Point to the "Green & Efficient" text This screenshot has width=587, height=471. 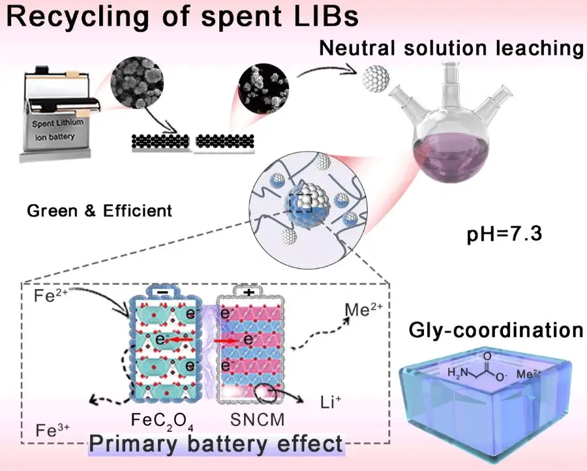tap(100, 211)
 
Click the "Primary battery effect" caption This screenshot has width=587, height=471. tap(216, 444)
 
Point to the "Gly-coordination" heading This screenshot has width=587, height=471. tap(496, 330)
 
